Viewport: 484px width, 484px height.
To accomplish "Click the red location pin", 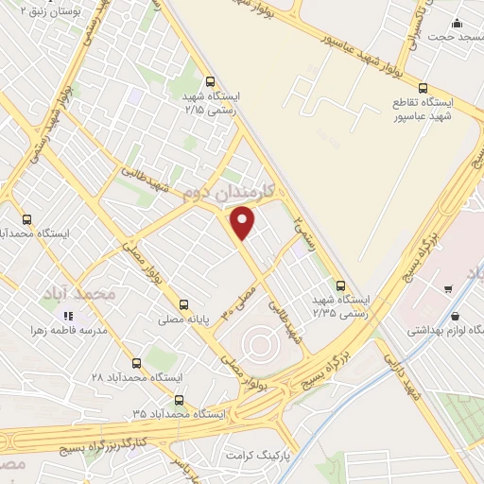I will click(243, 221).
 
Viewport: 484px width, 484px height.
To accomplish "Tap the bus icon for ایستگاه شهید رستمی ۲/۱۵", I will click(210, 80).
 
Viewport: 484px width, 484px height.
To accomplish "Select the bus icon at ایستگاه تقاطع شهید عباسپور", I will click(423, 84).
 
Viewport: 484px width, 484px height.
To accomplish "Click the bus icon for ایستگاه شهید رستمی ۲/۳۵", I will click(340, 285).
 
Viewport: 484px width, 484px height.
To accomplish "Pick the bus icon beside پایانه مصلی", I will click(183, 304).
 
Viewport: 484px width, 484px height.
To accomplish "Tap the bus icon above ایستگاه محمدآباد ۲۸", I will click(137, 362).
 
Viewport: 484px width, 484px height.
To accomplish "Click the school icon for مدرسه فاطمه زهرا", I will click(67, 315).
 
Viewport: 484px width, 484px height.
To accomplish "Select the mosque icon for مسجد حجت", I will click(458, 24).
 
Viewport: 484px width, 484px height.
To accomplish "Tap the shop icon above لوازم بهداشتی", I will click(457, 316).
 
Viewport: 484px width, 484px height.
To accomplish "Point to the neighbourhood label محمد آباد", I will click(79, 295).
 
